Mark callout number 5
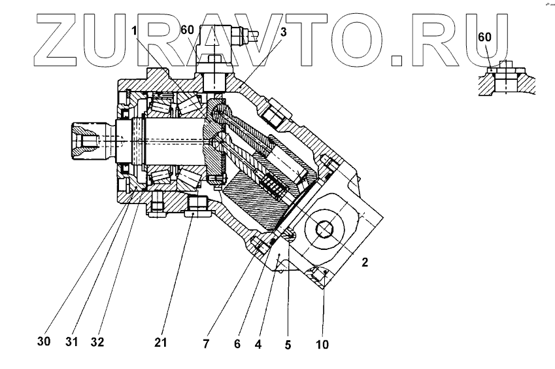pos(288,341)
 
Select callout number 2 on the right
pos(365,264)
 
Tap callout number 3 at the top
pos(282,32)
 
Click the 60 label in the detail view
pos(484,37)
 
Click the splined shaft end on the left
pos(84,140)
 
